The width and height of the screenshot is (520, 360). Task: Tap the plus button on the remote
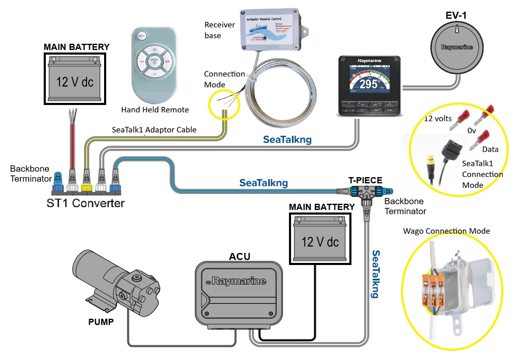click(154, 49)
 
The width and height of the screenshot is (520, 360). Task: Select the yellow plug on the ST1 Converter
click(87, 184)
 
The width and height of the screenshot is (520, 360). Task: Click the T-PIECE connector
click(367, 192)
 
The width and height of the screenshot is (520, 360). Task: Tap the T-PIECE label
click(366, 180)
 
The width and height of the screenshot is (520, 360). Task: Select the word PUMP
click(102, 321)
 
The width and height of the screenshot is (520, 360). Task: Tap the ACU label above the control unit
click(239, 256)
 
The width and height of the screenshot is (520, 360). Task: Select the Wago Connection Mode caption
click(446, 231)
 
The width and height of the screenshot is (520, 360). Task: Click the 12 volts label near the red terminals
click(438, 119)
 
